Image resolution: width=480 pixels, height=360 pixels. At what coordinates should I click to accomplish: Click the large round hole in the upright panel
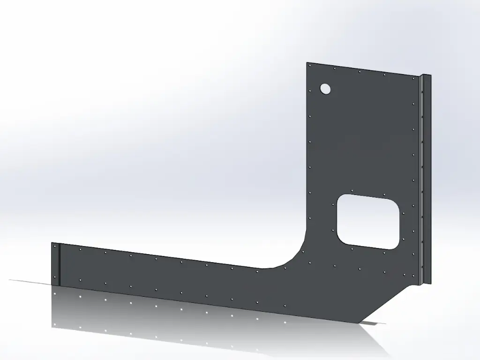point(325,88)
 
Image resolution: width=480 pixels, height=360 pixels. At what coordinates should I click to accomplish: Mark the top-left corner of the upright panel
point(307,63)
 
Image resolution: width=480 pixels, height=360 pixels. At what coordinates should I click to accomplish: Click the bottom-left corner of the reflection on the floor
point(52,327)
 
